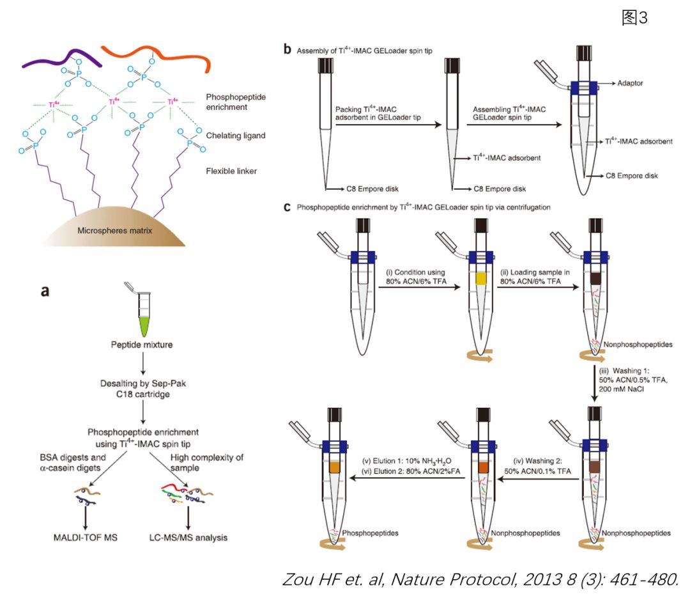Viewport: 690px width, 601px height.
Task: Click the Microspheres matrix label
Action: click(114, 230)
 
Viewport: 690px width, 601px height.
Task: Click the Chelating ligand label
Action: click(235, 136)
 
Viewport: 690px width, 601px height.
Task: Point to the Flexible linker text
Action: click(231, 171)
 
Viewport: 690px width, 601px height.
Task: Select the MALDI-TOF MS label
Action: click(86, 538)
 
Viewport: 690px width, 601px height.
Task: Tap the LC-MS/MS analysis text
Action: click(188, 538)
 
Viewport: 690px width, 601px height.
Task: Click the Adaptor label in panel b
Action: click(630, 82)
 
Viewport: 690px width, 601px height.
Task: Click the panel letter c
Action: click(287, 207)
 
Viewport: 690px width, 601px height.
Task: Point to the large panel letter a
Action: click(45, 291)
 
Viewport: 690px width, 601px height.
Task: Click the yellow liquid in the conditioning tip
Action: click(481, 278)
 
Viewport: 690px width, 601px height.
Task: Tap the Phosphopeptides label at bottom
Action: click(370, 533)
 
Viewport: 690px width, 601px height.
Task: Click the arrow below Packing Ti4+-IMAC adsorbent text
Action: click(388, 125)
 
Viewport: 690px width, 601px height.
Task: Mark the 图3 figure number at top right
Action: click(634, 18)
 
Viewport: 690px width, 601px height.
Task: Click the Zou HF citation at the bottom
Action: click(480, 579)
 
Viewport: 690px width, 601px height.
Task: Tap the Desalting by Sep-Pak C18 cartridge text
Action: click(143, 389)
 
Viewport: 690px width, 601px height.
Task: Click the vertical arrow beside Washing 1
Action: click(594, 383)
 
